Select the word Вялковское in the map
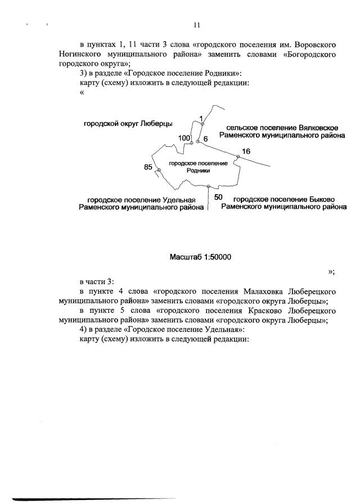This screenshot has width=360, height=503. click(x=315, y=128)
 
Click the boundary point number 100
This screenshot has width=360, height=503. click(x=184, y=138)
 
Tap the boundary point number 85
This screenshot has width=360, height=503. click(x=148, y=167)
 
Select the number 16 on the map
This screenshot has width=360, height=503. click(x=246, y=151)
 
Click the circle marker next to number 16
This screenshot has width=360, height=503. click(x=238, y=158)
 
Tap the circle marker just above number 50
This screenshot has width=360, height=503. click(x=208, y=186)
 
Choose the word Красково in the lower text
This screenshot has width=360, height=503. click(x=267, y=311)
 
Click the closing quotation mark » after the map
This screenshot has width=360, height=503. click(x=331, y=272)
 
